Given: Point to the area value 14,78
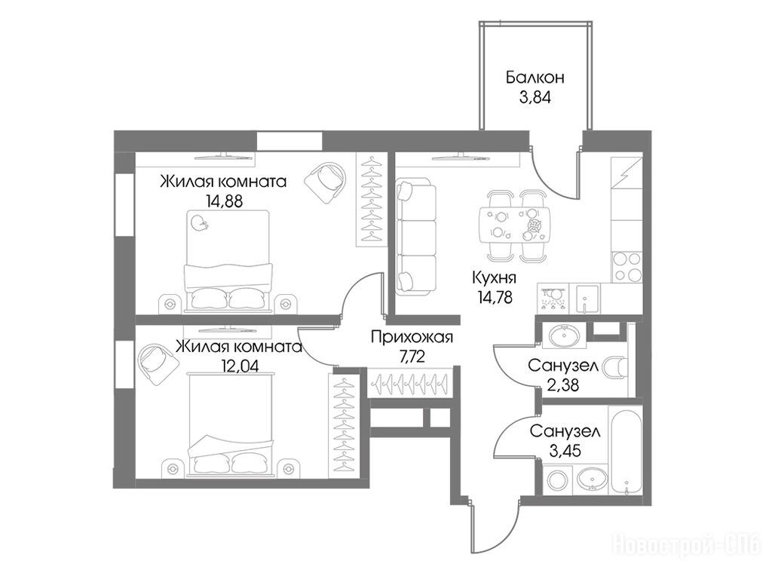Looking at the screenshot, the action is point(495,297).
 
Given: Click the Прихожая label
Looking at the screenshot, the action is point(412,338).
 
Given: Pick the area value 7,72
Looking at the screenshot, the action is point(412,357).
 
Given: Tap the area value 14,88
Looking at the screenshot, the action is point(224,201).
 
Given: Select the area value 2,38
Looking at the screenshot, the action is point(562,384).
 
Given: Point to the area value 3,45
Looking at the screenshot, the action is point(565,450).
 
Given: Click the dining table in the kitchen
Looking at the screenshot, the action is point(513,225).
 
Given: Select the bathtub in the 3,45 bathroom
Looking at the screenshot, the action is point(625,452).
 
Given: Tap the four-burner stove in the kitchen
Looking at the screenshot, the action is point(626,268).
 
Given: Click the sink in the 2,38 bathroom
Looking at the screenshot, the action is point(564,336).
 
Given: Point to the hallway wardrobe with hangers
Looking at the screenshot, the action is point(409,381).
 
